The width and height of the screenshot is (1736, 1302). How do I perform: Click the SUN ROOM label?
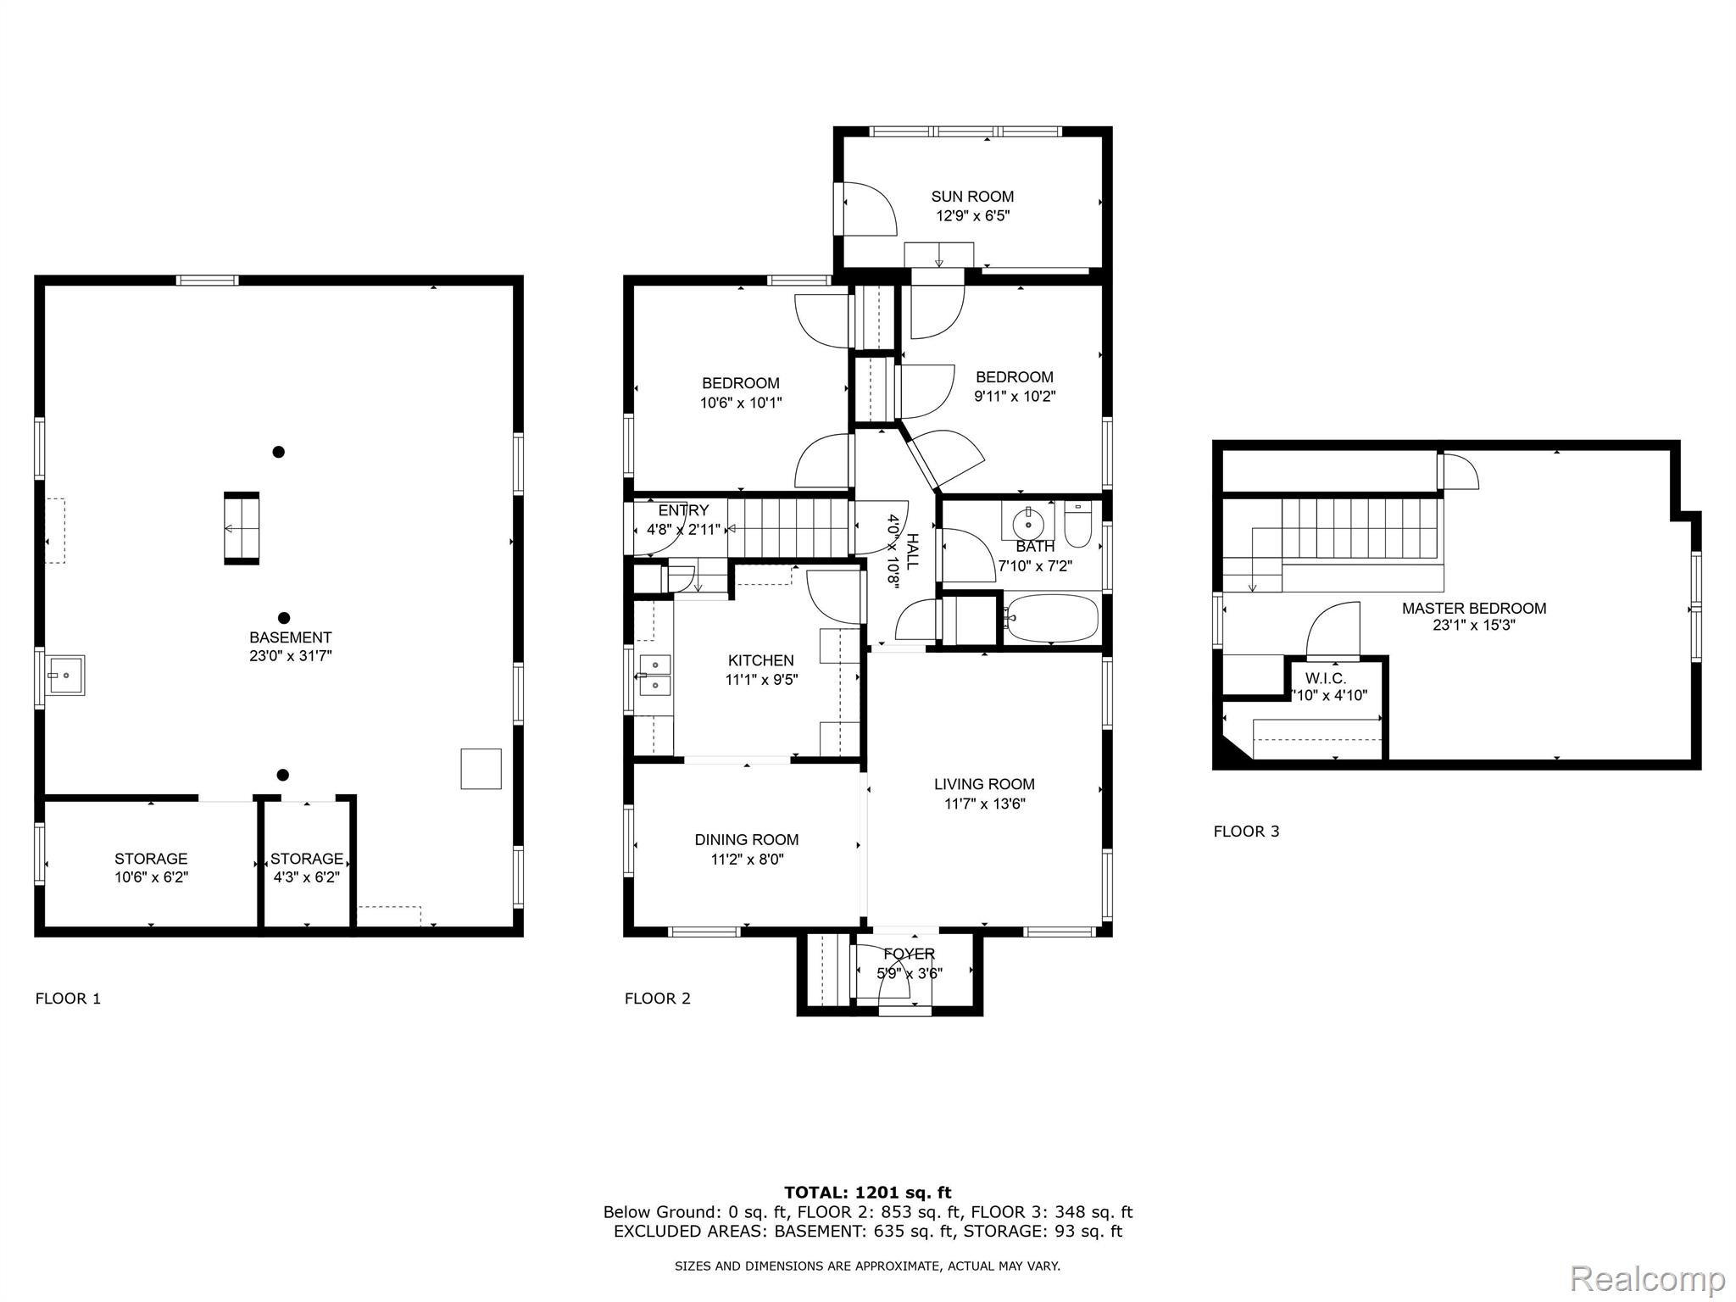point(972,197)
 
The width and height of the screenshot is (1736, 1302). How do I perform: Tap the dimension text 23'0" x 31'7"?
point(291,656)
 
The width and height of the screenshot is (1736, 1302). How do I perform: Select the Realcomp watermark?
point(1648,1278)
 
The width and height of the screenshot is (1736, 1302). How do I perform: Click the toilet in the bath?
point(1078,526)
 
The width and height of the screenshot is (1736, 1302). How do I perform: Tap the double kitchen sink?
point(655,675)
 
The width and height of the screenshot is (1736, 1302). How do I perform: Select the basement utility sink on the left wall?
point(65,676)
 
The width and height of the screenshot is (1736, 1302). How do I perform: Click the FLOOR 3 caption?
point(1246,832)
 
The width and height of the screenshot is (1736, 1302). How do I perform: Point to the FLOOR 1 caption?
point(68,999)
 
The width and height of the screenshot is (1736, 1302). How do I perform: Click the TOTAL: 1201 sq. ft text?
point(868,1193)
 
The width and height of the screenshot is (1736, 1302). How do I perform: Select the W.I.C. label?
point(1326,679)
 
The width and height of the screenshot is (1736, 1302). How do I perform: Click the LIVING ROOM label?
point(984,785)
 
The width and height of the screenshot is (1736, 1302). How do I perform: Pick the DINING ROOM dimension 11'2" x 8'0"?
point(747,860)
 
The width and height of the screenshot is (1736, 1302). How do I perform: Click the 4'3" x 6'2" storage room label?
point(307,877)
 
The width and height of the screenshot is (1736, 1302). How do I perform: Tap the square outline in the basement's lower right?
point(481,769)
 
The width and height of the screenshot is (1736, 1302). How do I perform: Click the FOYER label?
point(910,954)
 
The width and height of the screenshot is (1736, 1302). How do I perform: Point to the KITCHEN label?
point(761,661)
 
